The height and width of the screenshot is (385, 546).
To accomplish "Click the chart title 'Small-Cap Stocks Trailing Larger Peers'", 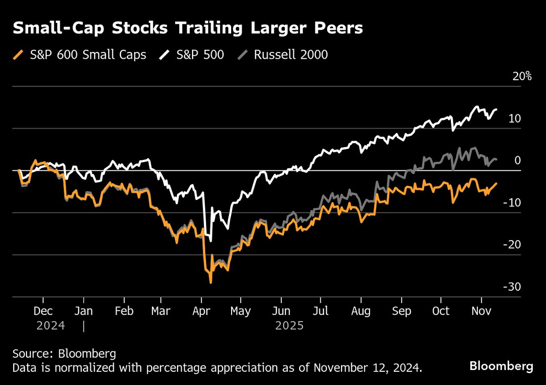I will point(187,28).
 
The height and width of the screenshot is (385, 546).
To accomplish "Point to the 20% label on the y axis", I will point(522,77).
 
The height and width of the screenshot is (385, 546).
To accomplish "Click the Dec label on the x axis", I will point(43,311).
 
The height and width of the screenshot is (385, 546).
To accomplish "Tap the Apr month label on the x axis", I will point(201,311).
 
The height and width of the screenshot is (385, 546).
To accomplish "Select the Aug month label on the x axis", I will point(361,311).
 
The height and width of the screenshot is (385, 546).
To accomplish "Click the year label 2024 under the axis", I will point(51,326).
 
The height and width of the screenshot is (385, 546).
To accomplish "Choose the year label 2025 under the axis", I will point(289,326).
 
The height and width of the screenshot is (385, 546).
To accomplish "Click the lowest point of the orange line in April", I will point(211,283).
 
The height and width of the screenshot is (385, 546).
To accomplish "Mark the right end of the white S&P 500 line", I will point(496,109).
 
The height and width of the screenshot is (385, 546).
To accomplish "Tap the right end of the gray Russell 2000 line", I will point(496,159).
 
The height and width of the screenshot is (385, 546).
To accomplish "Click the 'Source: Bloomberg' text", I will point(64,354).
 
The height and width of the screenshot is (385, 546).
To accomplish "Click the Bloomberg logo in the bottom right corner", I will point(501,366).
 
